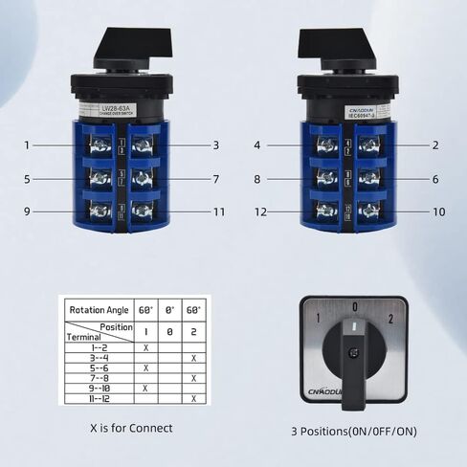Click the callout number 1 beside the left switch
[28, 145]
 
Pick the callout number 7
[217, 178]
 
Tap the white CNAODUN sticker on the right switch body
[345, 111]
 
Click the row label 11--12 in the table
[89, 399]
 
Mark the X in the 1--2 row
[145, 346]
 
